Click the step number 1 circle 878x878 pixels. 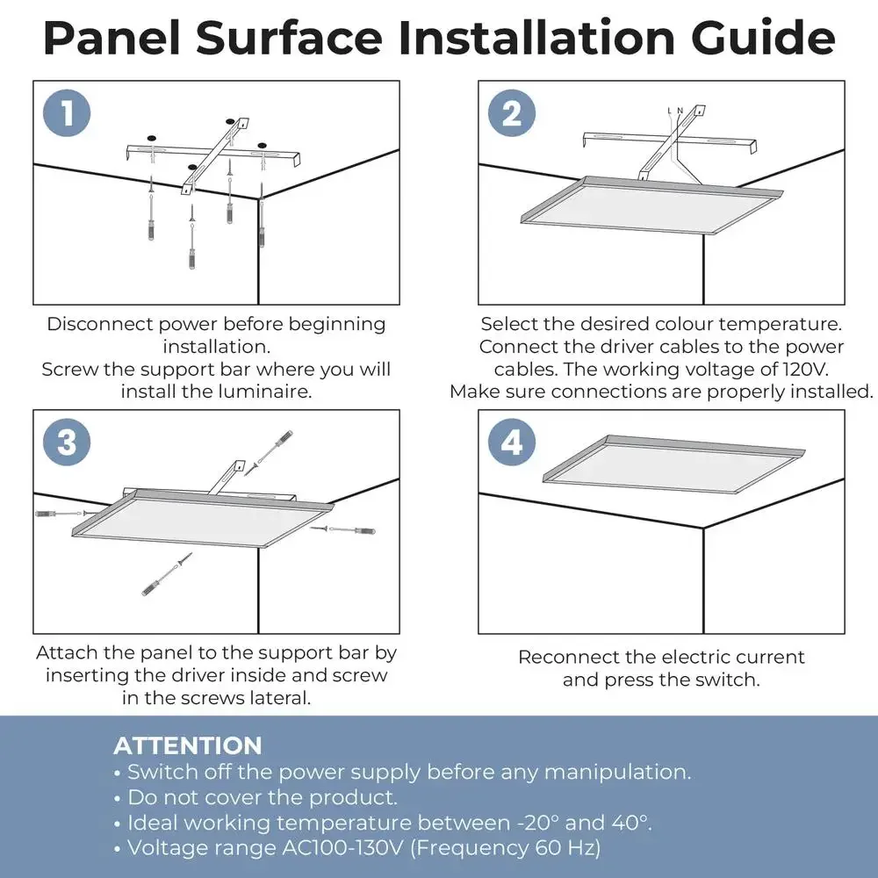(67, 112)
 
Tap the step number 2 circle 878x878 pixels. (511, 112)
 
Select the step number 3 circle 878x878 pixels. (67, 442)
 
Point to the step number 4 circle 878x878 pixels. (511, 442)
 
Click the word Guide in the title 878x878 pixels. (763, 38)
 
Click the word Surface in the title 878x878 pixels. (289, 38)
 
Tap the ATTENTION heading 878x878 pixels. (188, 745)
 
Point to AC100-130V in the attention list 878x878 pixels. (342, 848)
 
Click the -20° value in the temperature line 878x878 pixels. (537, 823)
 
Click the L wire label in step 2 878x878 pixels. (670, 111)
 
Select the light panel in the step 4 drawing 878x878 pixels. (673, 464)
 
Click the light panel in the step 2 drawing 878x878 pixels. (651, 205)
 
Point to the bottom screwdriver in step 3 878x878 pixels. (166, 574)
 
